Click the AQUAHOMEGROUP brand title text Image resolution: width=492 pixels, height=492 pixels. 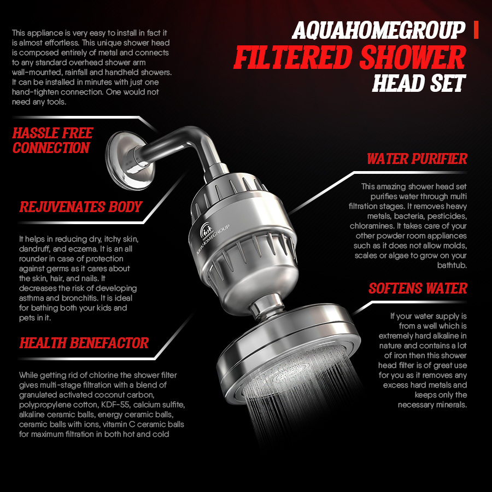(378, 31)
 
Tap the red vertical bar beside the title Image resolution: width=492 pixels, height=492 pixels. (477, 31)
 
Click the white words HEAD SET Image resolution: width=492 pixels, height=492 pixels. (418, 83)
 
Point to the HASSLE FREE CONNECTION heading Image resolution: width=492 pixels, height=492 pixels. (52, 140)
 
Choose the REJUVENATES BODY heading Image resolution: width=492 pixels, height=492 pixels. (80, 207)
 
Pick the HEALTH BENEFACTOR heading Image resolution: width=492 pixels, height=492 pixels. (84, 343)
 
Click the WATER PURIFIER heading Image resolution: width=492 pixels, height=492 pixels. (417, 159)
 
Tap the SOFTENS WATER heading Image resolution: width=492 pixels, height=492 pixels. (418, 288)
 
